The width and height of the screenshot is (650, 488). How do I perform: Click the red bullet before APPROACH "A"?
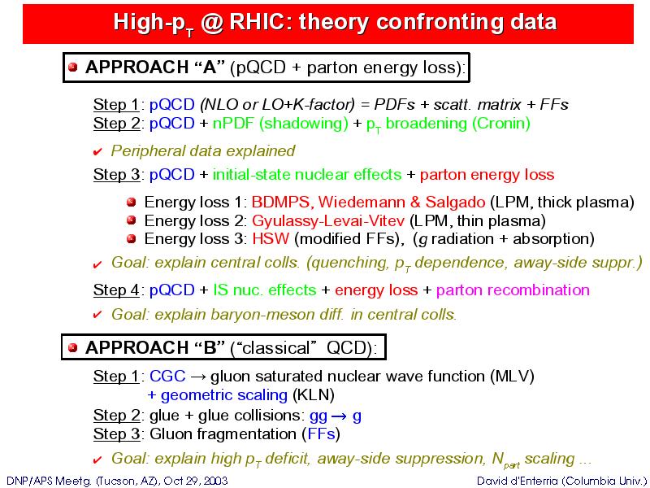coord(73,68)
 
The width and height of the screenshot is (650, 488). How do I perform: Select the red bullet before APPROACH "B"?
coord(73,347)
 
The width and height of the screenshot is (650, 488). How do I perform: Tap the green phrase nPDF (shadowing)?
coord(280,124)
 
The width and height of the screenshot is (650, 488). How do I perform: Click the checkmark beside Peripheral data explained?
coord(97,152)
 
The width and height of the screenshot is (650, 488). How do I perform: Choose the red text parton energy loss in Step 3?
coord(487,175)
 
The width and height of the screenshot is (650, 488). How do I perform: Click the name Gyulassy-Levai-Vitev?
coord(328,220)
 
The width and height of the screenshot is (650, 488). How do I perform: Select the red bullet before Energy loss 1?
coord(132,202)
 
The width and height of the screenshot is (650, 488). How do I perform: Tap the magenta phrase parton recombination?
coord(513,290)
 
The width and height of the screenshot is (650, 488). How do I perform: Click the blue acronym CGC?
coord(167,376)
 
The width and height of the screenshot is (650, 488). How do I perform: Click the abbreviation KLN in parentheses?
coord(314,395)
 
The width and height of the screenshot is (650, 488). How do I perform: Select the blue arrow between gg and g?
coord(339,416)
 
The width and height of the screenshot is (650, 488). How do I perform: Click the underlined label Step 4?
coord(116,290)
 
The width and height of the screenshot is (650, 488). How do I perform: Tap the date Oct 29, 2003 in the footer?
coord(196,481)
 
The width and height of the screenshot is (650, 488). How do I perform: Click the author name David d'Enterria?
coord(518,481)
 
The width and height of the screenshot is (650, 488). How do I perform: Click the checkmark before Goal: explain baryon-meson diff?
coord(97,315)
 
